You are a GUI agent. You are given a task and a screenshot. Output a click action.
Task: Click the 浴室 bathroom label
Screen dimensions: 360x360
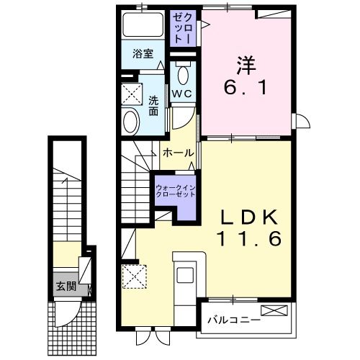tap(143, 53)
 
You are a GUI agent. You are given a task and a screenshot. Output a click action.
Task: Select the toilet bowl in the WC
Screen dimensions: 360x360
tap(183, 75)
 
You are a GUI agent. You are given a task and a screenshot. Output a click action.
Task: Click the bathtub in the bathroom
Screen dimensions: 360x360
tap(143, 24)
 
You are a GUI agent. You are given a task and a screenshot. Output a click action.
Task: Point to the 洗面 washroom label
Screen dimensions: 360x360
tap(153, 106)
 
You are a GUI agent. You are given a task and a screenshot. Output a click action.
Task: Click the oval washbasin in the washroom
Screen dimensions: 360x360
tap(131, 122)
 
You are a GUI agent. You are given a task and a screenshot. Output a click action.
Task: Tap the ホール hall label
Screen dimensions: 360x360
tap(179, 153)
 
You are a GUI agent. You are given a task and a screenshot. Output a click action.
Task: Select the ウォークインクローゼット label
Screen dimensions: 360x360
tap(176, 191)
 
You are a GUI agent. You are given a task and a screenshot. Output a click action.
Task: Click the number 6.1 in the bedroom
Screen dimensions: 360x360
tap(246, 88)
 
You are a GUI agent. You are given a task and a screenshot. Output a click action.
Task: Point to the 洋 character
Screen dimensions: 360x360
tap(246, 66)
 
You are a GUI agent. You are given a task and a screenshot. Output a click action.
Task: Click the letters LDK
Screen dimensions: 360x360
tap(248, 217)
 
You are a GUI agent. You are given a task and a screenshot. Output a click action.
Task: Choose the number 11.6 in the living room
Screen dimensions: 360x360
tap(249, 238)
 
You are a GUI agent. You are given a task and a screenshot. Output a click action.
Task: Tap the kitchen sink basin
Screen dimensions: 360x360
tap(185, 274)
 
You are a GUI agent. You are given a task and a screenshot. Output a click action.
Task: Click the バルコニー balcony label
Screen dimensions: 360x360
tap(234, 320)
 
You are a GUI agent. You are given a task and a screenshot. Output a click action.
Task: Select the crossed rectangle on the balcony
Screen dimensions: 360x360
tap(274, 310)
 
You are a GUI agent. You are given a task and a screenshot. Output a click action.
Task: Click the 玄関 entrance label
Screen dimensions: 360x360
tap(66, 287)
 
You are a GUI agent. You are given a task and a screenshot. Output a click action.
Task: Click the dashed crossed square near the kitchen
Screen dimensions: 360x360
tap(135, 276)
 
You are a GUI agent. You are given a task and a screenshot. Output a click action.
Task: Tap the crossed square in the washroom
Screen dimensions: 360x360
tap(132, 94)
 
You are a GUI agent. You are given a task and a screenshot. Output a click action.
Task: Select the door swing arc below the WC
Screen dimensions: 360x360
tap(186, 122)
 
